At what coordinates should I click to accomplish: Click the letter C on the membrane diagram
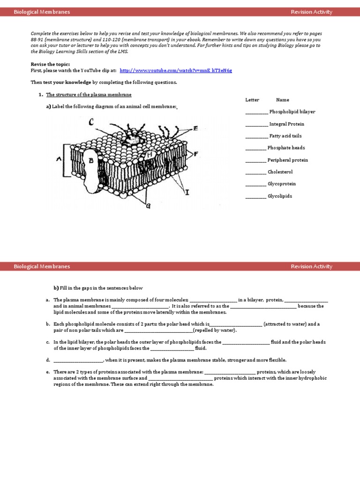[x=91, y=123]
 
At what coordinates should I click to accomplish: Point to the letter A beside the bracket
[x=59, y=159]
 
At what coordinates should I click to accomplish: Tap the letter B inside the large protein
[x=91, y=160]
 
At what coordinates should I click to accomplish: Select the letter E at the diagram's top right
[x=195, y=128]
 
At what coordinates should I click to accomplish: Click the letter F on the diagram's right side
[x=195, y=153]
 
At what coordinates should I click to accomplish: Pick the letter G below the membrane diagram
[x=148, y=206]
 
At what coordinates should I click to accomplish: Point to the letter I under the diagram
[x=187, y=192]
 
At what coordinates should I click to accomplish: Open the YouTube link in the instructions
[x=176, y=70]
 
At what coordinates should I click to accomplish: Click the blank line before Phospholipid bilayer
[x=256, y=112]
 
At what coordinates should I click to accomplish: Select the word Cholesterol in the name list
[x=280, y=172]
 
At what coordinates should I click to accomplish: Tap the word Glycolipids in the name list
[x=279, y=196]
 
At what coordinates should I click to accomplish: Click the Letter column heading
[x=252, y=100]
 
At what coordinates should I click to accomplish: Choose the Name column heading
[x=283, y=100]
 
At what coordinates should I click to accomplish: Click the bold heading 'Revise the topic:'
[x=50, y=64]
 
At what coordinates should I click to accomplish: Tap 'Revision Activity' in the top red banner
[x=311, y=12]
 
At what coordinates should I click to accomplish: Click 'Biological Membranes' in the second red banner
[x=42, y=266]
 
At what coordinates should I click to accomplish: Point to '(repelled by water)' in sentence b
[x=215, y=330]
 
